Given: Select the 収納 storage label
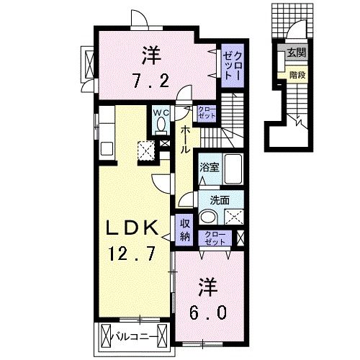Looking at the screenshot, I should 185,228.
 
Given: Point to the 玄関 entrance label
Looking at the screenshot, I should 296,53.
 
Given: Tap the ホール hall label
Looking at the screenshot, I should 185,140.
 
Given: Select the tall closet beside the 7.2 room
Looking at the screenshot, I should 231,62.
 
